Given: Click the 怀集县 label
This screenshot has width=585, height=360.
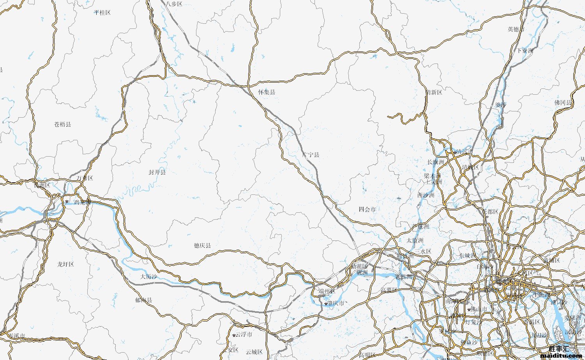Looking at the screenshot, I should coord(267,92).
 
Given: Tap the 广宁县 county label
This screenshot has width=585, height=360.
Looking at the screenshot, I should coord(311,155).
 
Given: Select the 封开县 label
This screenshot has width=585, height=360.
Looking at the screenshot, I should coord(157,172).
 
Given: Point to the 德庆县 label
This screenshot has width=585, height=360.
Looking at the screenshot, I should coord(202,245).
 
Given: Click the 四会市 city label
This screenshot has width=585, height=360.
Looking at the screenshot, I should coord(367,209).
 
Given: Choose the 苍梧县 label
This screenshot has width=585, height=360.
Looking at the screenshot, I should coord(63,124).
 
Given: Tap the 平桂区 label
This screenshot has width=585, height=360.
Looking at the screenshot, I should coord(102,12).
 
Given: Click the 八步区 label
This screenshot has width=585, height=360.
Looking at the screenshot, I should coord(174,4).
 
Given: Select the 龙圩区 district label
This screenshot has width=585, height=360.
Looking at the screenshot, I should coord(65,264).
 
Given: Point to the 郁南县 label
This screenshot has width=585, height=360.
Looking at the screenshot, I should coord(143,300).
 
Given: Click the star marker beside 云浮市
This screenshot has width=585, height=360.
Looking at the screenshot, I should coord(234,335).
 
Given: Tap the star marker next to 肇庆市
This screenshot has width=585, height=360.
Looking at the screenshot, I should coord(326,304).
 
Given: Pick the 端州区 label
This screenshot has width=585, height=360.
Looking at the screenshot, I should coord(327,291).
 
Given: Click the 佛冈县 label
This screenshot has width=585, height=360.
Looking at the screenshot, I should coord(563,102).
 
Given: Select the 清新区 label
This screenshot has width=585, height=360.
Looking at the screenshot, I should coord(434,92).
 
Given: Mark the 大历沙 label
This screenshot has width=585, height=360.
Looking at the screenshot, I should coord(149,277).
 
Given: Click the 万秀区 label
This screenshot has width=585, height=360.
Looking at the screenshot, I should coord(85,178).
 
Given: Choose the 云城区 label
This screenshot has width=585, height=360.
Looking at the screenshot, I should coord(254,352).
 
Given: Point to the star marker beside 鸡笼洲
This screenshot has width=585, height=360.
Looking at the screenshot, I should coord(67,201).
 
